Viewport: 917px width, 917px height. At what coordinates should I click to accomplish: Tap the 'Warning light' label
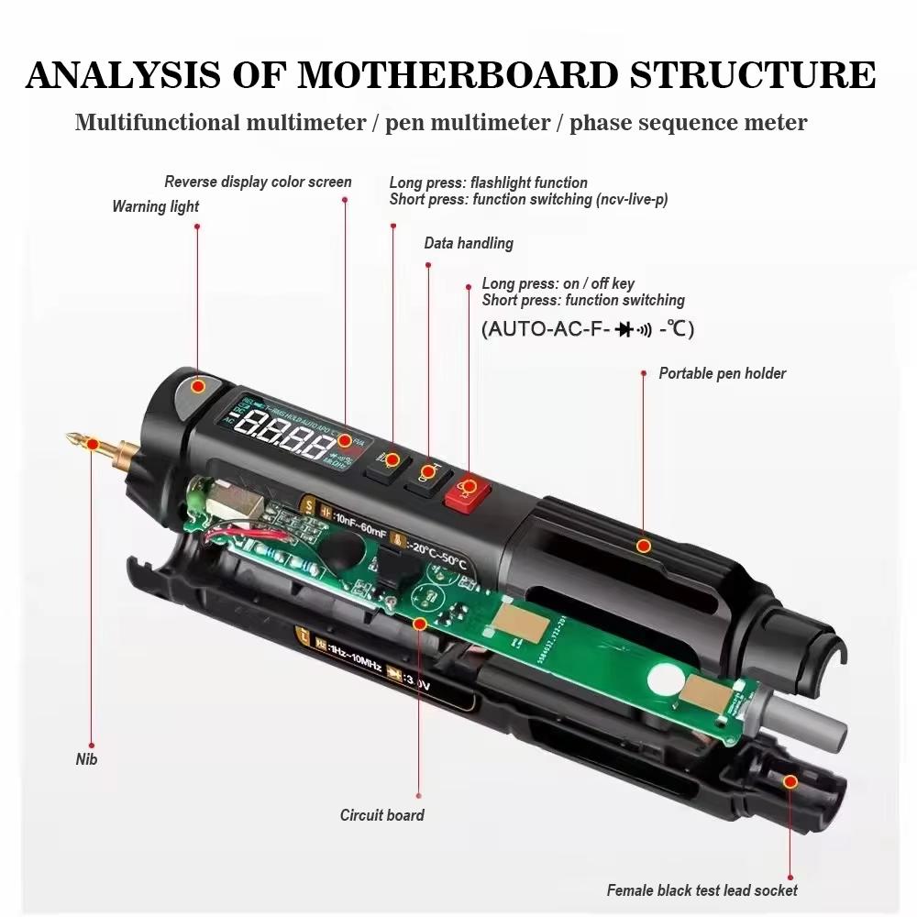click(155, 206)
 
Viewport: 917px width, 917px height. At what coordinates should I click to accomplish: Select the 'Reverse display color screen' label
click(258, 182)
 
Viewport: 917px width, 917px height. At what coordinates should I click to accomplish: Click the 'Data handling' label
click(468, 243)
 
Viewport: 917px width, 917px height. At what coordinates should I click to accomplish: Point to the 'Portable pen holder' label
click(722, 373)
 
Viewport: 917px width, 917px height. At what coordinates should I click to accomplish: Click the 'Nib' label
click(86, 759)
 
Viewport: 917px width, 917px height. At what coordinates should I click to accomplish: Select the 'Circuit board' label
click(381, 814)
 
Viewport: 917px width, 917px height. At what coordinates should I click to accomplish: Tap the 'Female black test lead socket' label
click(702, 889)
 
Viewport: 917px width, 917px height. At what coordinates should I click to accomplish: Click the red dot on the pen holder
click(644, 546)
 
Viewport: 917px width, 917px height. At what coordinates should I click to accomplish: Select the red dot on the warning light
click(197, 386)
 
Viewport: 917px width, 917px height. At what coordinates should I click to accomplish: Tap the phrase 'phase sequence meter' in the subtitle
click(688, 123)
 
